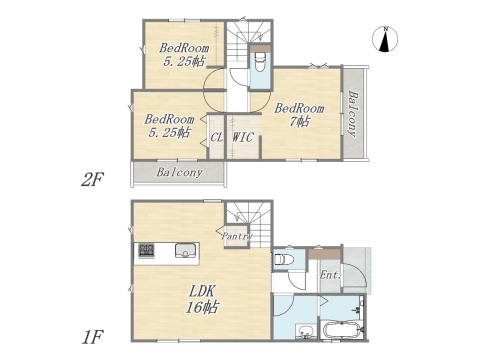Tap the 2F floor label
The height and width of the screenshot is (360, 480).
93,179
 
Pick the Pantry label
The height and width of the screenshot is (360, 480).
236,237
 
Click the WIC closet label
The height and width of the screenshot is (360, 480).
243,137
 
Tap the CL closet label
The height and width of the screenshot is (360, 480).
215,137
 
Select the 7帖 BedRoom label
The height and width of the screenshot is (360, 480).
300,114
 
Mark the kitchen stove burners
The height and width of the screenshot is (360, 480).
146,250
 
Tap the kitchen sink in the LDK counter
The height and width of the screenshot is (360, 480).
185,250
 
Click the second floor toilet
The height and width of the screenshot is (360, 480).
260,65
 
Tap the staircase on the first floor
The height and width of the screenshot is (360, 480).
245,217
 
